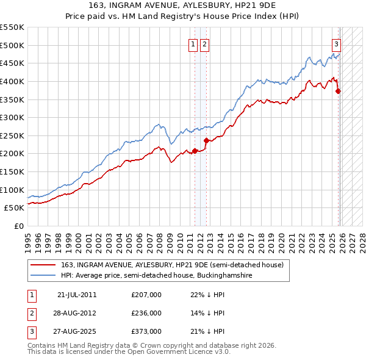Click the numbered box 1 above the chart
[x=193, y=44]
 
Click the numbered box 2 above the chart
[x=204, y=44]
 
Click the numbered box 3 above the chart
[x=336, y=44]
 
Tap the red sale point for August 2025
[x=339, y=91]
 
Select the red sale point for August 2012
[x=206, y=140]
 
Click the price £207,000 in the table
[x=146, y=295]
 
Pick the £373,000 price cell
[x=146, y=332]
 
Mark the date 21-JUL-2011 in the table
[x=77, y=295]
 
